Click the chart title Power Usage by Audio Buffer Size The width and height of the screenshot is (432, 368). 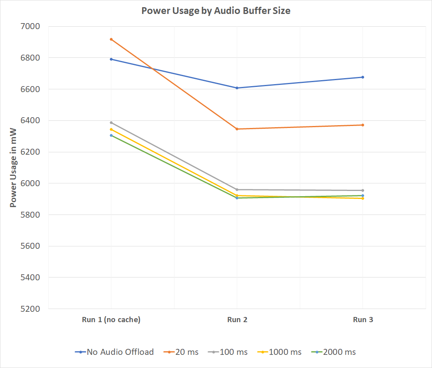tap(216, 11)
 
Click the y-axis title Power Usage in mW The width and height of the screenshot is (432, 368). tap(13, 167)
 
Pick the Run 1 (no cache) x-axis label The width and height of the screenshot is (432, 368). tap(111, 320)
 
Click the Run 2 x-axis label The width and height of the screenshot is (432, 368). tap(237, 320)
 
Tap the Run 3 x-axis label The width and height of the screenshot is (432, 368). tap(363, 320)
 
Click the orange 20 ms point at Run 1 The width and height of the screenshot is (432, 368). tap(111, 39)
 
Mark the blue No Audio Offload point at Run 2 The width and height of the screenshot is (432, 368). tap(237, 88)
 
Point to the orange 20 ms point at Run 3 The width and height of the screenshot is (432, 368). tap(363, 125)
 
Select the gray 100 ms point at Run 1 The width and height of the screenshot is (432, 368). tap(111, 122)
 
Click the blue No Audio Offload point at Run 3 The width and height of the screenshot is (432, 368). tap(363, 77)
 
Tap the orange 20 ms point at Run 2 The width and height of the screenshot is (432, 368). tap(237, 129)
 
